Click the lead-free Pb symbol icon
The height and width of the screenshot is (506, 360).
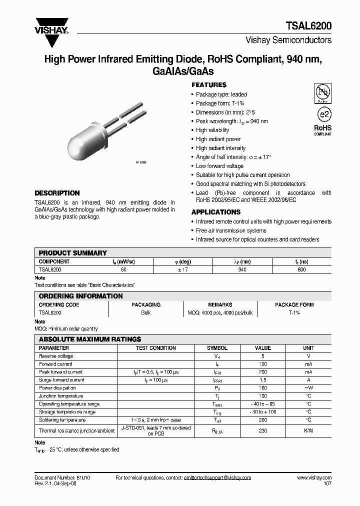coord(322,92)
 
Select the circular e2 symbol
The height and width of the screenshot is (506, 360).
coord(323,113)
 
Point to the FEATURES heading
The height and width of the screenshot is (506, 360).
coord(208,85)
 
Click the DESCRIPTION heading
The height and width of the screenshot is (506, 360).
coord(56,193)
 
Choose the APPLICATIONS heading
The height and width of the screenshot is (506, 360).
coord(216,212)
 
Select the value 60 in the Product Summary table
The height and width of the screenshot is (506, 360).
coord(123,269)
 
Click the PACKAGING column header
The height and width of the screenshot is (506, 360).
coord(146,304)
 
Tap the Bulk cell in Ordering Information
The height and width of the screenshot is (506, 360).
coord(146,312)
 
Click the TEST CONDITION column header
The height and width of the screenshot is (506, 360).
coord(156,348)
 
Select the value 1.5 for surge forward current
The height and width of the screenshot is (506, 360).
coord(262,380)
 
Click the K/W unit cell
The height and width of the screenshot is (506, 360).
coord(308,430)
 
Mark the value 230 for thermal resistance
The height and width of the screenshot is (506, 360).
coord(262,430)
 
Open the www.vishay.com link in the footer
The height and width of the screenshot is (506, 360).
coord(314,478)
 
